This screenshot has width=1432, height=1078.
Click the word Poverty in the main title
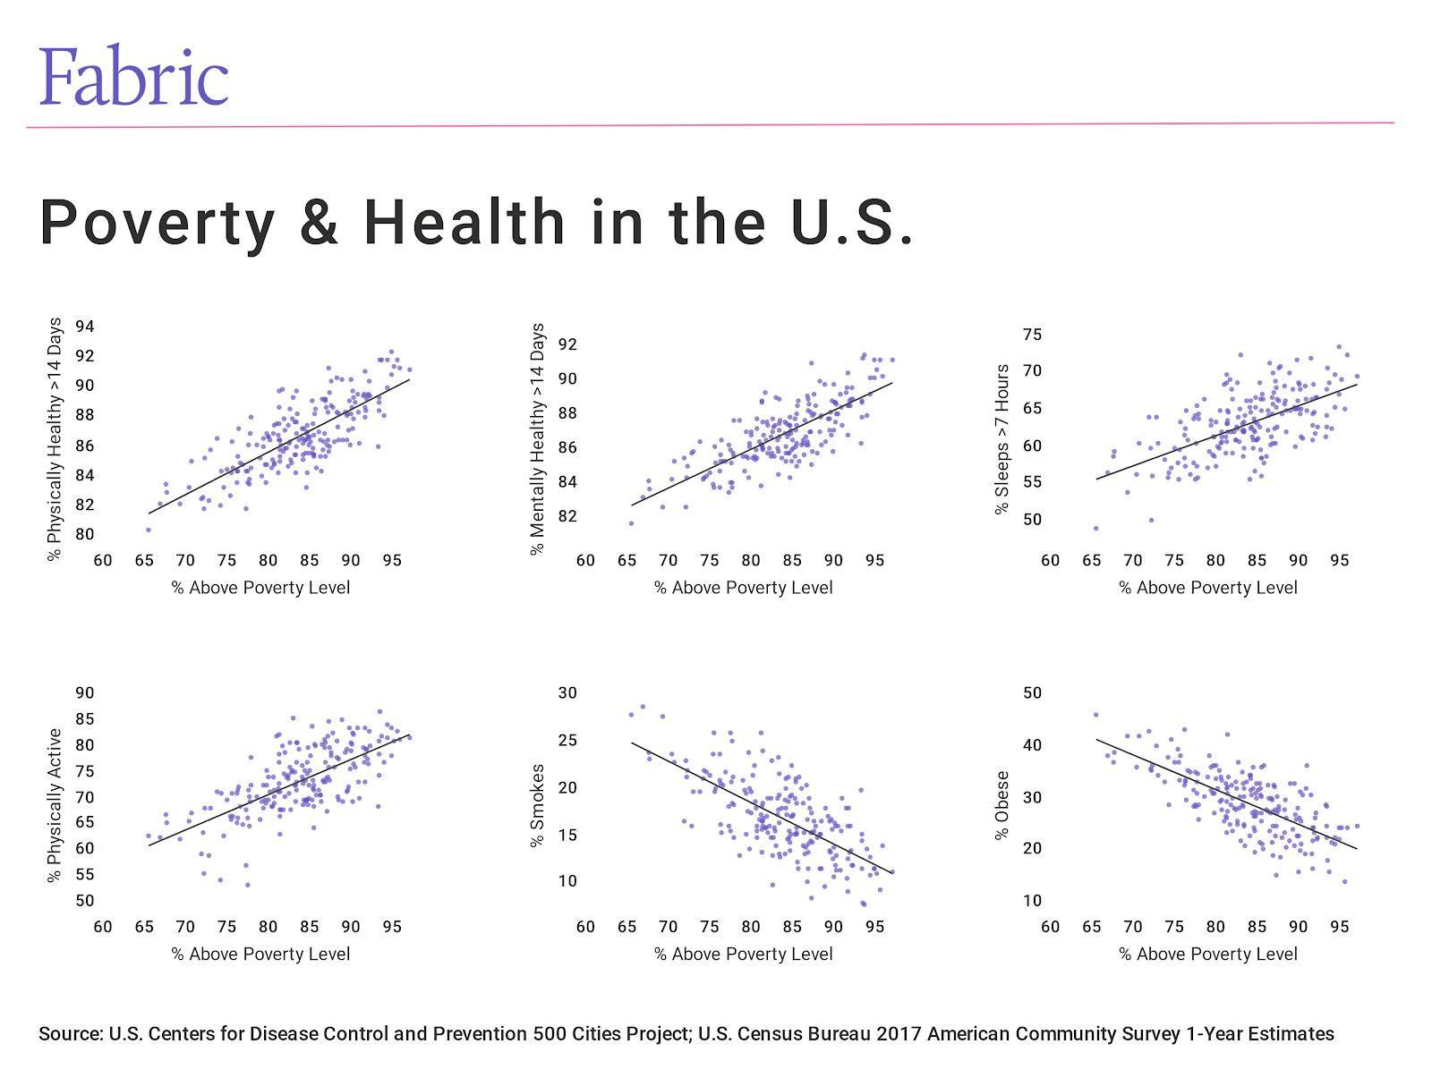[x=158, y=224]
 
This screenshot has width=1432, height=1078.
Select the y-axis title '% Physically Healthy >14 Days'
[x=55, y=438]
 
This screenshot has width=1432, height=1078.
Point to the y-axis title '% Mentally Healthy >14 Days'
[x=537, y=439]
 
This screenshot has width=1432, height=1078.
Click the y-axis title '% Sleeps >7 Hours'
[x=1002, y=439]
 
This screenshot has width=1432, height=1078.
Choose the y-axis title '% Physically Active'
[x=55, y=805]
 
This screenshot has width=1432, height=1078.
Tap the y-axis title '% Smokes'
[x=537, y=805]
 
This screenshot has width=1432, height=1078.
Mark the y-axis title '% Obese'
[x=1002, y=805]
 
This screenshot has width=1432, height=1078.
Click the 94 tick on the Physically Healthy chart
[x=85, y=327]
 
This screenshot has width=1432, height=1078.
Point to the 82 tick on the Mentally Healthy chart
[x=567, y=516]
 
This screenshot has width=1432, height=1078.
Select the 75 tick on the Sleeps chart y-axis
[x=1032, y=335]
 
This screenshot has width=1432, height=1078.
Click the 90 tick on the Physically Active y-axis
[x=85, y=693]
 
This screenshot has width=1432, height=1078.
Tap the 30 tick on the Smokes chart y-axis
[x=567, y=693]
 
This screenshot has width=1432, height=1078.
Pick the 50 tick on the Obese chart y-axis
[x=1032, y=693]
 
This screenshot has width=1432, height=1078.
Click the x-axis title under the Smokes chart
[x=743, y=955]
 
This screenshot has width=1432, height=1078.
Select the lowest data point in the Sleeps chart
[x=1095, y=528]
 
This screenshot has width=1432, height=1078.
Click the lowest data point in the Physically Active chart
[x=248, y=885]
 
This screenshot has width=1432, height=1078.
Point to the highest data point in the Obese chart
[x=1095, y=715]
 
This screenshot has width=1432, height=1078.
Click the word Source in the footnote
[x=69, y=1034]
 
